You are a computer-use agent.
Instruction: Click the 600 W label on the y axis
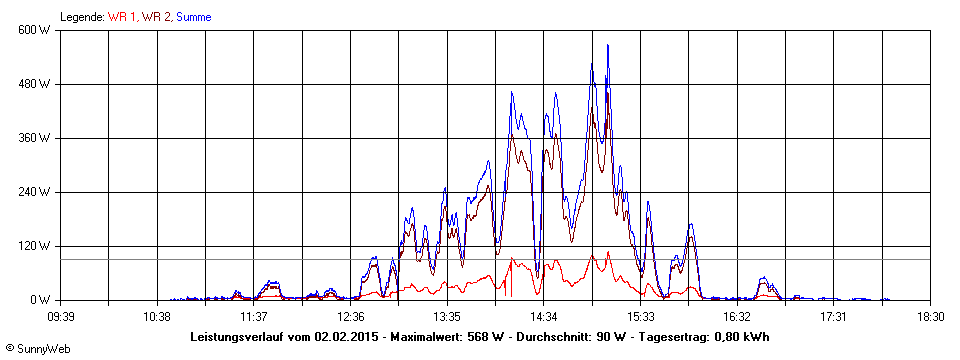(36, 30)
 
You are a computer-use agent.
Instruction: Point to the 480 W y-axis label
(36, 84)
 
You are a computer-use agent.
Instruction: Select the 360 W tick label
(36, 138)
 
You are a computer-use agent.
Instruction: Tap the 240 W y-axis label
(36, 192)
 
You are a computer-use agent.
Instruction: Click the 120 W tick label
(36, 246)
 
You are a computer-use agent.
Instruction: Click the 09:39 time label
(61, 316)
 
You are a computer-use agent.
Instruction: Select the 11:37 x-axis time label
(254, 316)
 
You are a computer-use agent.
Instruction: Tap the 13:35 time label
(447, 316)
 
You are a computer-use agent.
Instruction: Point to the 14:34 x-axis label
(544, 316)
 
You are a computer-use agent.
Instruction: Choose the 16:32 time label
(737, 316)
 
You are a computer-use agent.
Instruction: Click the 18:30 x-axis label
(930, 316)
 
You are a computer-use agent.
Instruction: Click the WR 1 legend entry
(123, 17)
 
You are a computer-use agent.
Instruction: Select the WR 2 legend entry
(156, 17)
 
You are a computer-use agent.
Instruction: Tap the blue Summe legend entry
(193, 17)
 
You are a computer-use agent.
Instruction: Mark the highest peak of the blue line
(608, 45)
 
